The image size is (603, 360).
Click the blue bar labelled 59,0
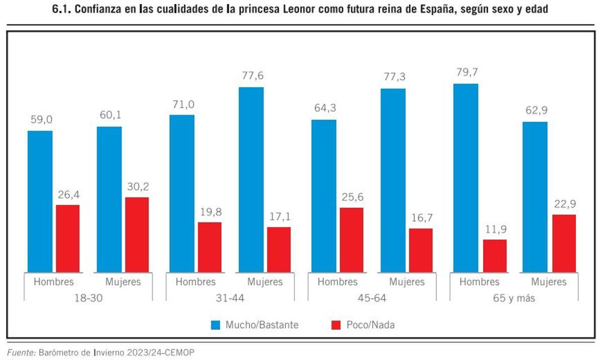[x=40, y=201]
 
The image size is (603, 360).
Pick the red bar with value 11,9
[x=495, y=256]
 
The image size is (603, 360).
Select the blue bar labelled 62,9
[x=535, y=197]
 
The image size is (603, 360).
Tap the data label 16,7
[x=421, y=218]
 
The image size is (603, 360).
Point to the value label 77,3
[x=393, y=77]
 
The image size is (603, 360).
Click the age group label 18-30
[x=88, y=298]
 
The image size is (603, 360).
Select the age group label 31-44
[x=230, y=298]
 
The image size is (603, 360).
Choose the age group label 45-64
[x=372, y=298]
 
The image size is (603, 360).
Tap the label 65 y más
[x=514, y=298]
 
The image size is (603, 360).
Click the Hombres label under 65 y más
[x=479, y=282]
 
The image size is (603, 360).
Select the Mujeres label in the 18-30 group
[x=123, y=282]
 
